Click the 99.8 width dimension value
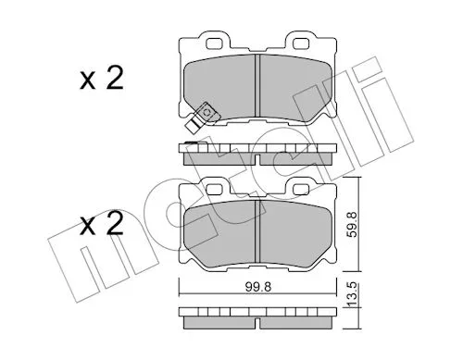click(x=258, y=287)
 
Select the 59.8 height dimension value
click(x=352, y=224)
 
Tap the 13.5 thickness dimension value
click(x=352, y=296)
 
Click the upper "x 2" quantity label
click(x=102, y=79)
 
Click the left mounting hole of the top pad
click(x=215, y=43)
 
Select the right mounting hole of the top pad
click(x=301, y=43)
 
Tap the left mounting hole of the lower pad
click(x=215, y=189)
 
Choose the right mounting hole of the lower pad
click(x=301, y=189)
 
